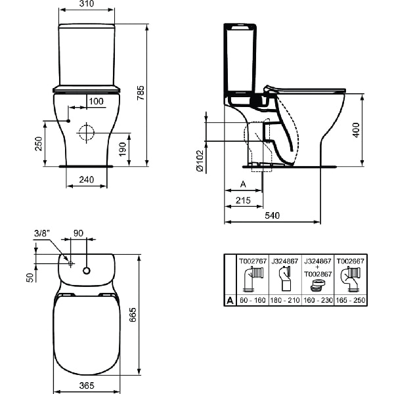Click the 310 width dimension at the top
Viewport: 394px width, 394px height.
[86, 5]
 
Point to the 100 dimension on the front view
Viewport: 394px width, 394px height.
[95, 101]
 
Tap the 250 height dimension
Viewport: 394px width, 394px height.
[38, 143]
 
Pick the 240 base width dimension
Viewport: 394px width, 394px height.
[86, 179]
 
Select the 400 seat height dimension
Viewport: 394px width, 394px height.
[356, 129]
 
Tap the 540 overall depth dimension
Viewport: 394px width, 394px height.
[273, 215]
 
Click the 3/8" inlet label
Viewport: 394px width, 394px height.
[41, 233]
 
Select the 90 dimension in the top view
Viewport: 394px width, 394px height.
[78, 233]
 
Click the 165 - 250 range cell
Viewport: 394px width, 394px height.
[351, 300]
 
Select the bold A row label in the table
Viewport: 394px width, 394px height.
[230, 300]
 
